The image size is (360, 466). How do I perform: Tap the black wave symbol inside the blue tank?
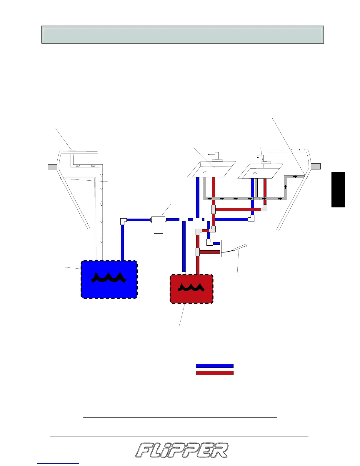109,277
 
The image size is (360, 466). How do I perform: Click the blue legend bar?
214,366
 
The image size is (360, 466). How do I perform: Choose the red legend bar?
214,373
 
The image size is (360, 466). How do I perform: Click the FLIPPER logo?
181,450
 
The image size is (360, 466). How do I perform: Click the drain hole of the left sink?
205,172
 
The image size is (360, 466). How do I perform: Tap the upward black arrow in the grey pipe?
285,187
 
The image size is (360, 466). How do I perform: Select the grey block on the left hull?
52,167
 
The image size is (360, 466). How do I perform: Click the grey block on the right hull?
316,166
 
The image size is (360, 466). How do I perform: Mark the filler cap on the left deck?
72,151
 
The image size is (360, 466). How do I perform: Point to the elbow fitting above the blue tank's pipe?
123,221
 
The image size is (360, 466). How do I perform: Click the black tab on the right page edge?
338,190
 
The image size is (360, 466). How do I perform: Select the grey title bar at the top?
182,35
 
